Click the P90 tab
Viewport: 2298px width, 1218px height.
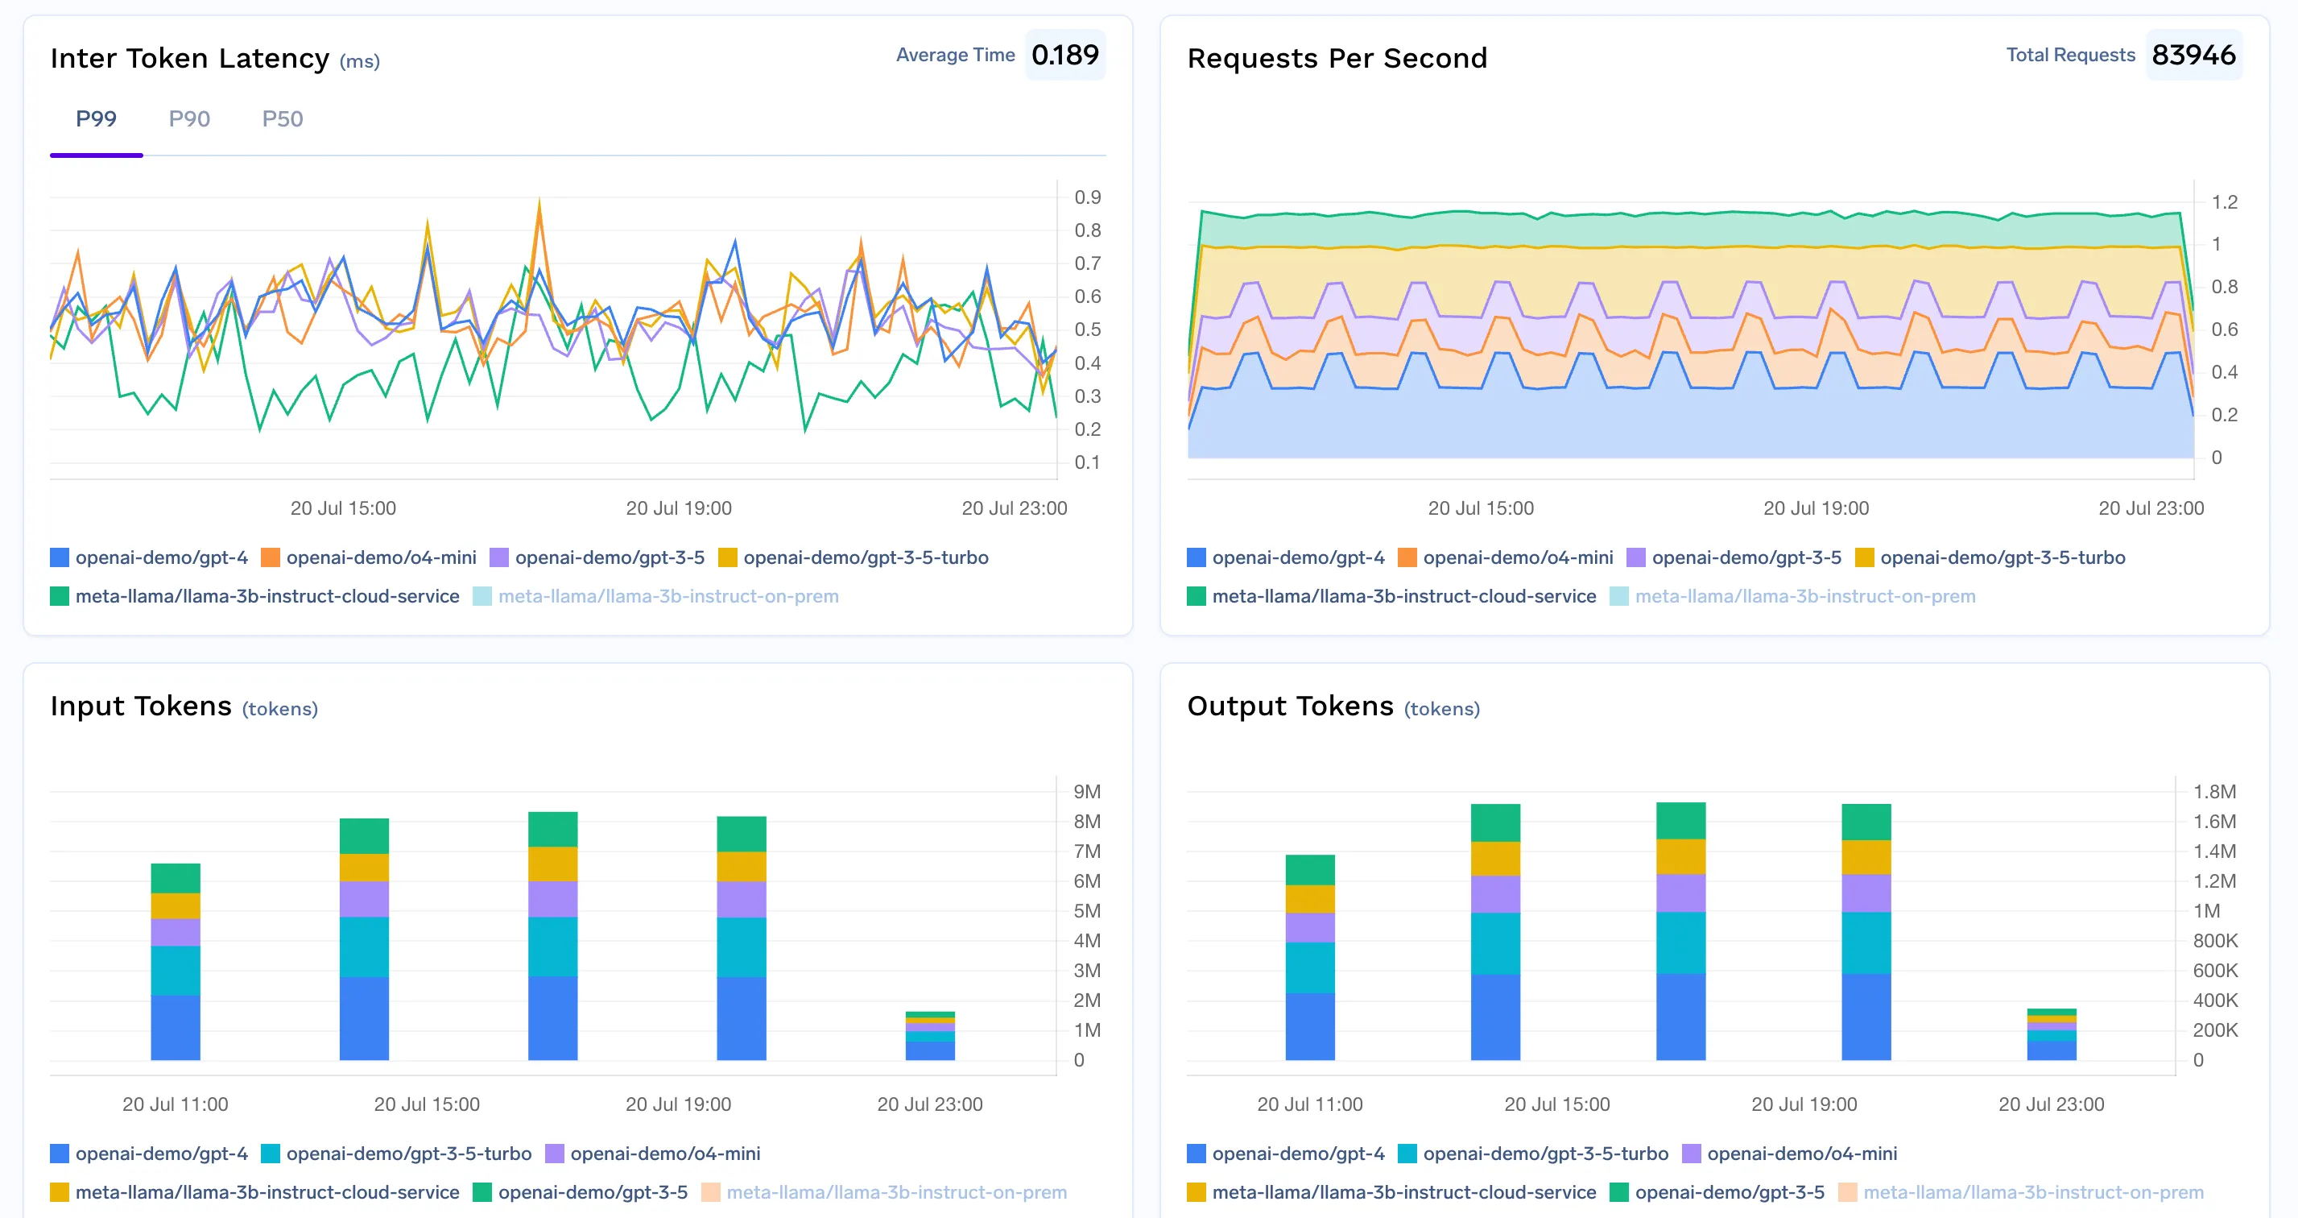pyautogui.click(x=189, y=118)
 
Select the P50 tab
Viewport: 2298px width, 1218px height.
pyautogui.click(x=282, y=118)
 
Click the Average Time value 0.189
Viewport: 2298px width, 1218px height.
pyautogui.click(x=1064, y=56)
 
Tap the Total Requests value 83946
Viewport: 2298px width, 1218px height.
pyautogui.click(x=2193, y=56)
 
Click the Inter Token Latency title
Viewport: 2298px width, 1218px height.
pyautogui.click(x=189, y=58)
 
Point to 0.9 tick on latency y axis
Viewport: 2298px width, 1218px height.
pyautogui.click(x=1086, y=197)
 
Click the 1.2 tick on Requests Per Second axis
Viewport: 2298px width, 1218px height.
pyautogui.click(x=2224, y=201)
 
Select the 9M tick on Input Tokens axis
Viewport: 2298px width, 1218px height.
pyautogui.click(x=1086, y=792)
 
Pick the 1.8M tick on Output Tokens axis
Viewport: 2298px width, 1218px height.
pyautogui.click(x=2213, y=792)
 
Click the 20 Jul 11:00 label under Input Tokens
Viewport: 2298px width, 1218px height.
pyautogui.click(x=175, y=1104)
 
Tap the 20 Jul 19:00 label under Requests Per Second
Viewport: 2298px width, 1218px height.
pyautogui.click(x=1816, y=507)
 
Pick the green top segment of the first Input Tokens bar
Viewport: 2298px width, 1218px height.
pyautogui.click(x=175, y=878)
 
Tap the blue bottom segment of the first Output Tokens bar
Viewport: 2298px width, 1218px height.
pyautogui.click(x=1309, y=1026)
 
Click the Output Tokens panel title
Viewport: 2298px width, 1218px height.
pyautogui.click(x=1289, y=706)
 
